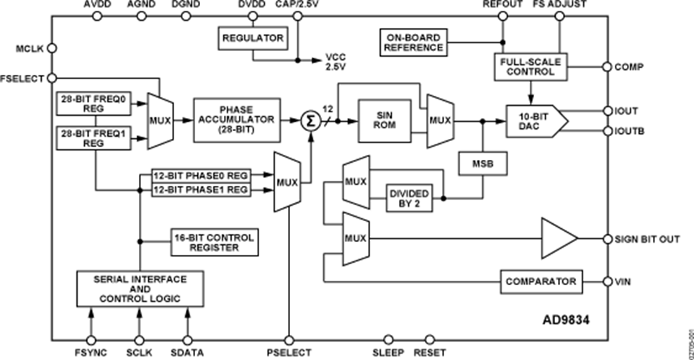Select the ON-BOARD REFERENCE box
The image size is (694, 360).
point(413,41)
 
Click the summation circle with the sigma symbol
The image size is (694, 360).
point(311,121)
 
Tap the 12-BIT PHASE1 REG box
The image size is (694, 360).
point(201,189)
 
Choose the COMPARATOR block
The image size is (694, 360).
point(541,282)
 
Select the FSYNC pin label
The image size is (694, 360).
point(90,353)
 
